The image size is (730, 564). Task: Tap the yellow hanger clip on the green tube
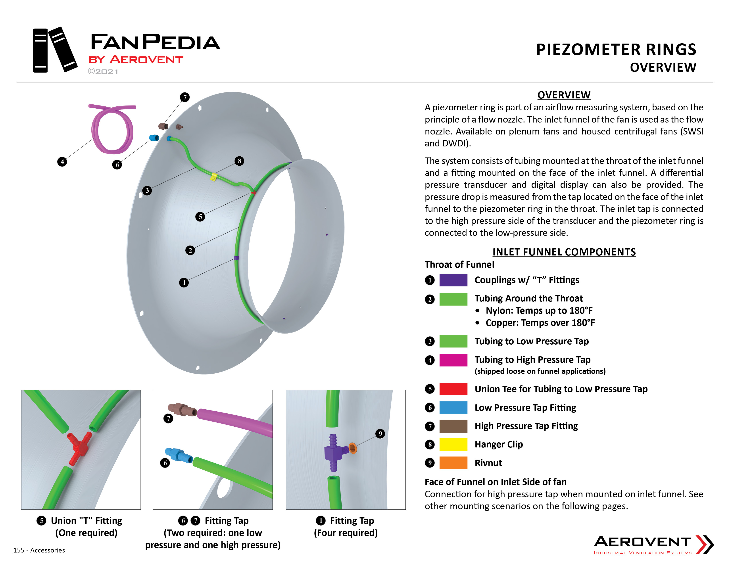[213, 177]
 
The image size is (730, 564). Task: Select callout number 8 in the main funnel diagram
[239, 161]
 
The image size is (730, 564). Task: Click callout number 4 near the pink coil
[62, 162]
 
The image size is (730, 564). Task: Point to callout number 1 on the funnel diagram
[184, 283]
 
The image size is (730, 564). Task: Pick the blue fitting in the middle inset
[179, 455]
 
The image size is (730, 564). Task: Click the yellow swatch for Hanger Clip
[453, 444]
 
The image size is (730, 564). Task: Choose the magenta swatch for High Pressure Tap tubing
[453, 360]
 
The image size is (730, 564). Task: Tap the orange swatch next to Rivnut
[453, 463]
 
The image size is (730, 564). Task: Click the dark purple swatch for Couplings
[453, 280]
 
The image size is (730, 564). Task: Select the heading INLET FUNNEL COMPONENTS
[564, 252]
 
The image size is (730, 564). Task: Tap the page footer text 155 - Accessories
[39, 550]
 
